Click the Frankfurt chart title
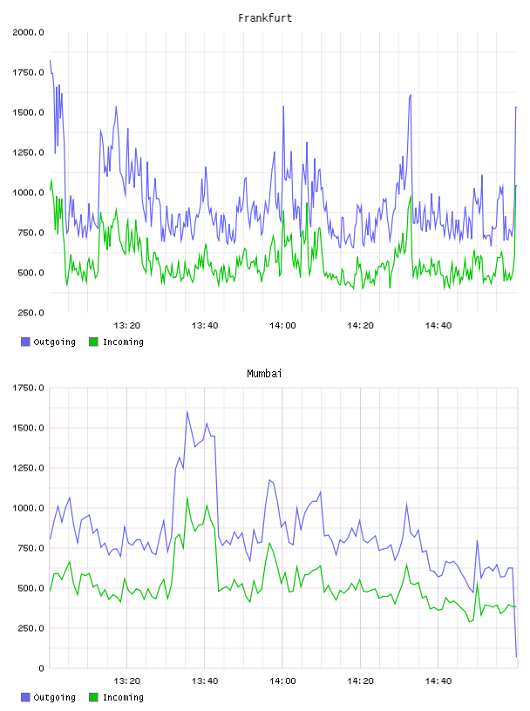(265, 18)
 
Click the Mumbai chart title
(264, 374)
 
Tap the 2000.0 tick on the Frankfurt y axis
(28, 32)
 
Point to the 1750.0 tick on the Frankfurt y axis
(28, 72)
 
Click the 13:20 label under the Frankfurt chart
(126, 326)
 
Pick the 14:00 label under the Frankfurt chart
(282, 326)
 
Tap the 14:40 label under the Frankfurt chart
(438, 326)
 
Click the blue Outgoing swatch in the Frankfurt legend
(25, 342)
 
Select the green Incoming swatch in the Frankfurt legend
(93, 342)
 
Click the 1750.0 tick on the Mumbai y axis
(28, 388)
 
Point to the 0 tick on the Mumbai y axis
(41, 668)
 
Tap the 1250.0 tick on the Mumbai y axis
(28, 468)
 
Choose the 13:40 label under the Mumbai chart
(205, 681)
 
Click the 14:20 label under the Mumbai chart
(360, 681)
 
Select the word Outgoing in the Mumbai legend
(54, 698)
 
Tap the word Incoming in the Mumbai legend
(123, 698)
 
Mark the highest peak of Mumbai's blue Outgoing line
(187, 411)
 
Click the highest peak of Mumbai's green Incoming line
(187, 498)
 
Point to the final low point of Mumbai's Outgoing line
(516, 656)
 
